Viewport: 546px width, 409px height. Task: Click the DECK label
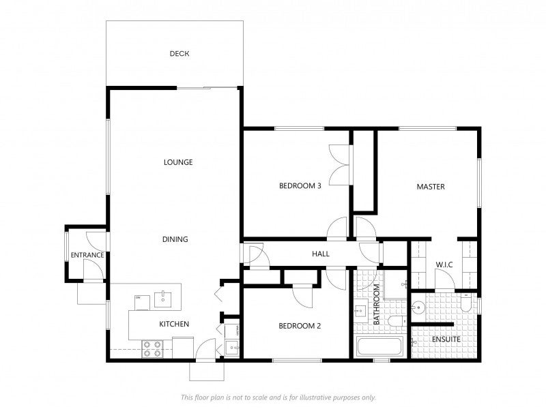179,54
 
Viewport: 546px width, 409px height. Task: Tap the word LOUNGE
178,162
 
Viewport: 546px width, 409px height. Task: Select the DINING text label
175,239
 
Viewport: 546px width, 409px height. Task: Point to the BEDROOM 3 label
300,185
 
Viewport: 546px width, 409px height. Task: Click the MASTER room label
431,186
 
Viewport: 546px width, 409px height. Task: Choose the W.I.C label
444,264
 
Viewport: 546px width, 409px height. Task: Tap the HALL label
321,254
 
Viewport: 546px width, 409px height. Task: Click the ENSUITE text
446,339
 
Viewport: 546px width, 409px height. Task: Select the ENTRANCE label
87,256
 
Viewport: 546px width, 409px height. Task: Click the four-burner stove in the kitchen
152,349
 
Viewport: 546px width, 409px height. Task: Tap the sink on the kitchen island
162,297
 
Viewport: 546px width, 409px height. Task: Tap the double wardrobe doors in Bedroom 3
339,164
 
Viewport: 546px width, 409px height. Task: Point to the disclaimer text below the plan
278,397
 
